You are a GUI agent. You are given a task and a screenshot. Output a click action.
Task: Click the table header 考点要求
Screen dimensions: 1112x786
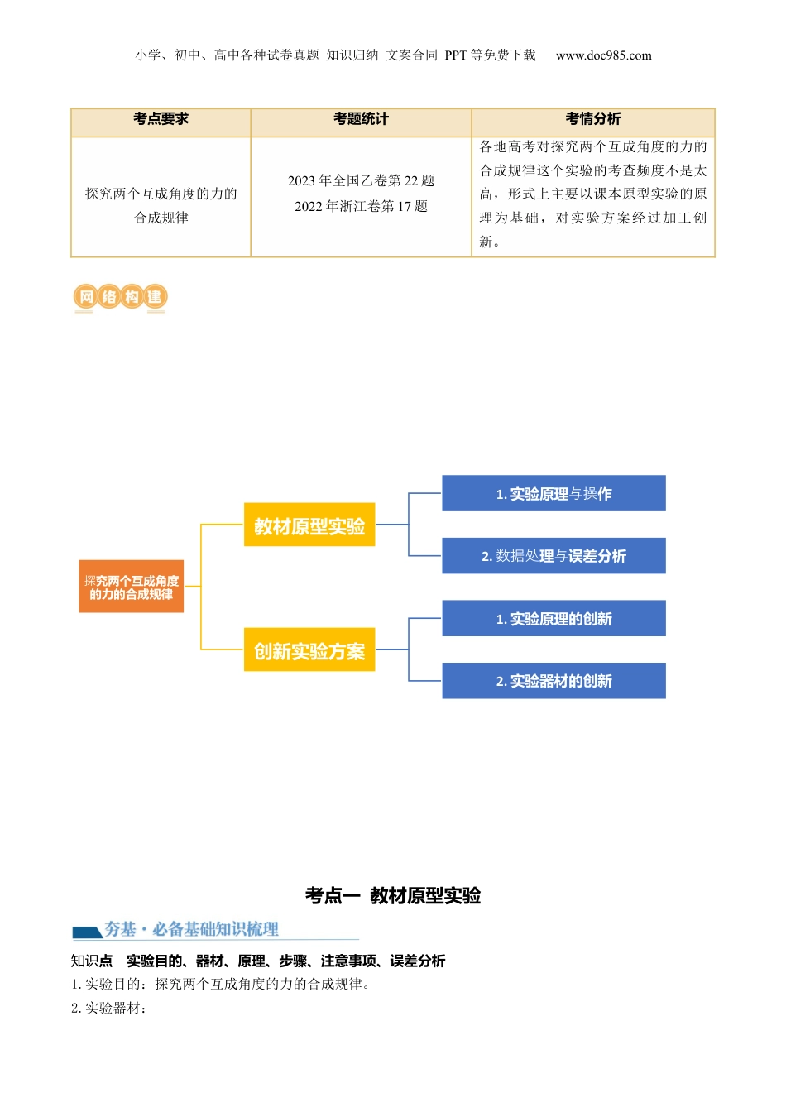pyautogui.click(x=161, y=119)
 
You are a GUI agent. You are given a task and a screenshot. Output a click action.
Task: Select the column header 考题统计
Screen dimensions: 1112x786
pyautogui.click(x=361, y=119)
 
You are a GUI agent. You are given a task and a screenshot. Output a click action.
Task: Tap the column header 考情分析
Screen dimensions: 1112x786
pyautogui.click(x=593, y=119)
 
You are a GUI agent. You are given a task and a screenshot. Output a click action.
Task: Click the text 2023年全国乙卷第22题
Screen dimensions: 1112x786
pyautogui.click(x=361, y=181)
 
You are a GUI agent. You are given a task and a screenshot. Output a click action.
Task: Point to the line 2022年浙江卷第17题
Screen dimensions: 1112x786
pyautogui.click(x=361, y=207)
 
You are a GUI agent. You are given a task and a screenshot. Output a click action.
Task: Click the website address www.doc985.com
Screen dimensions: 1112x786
pyautogui.click(x=603, y=55)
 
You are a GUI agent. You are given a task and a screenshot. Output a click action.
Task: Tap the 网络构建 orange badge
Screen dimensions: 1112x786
pyautogui.click(x=120, y=297)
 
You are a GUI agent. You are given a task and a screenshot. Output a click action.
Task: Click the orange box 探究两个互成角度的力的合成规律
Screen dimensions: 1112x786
pyautogui.click(x=132, y=587)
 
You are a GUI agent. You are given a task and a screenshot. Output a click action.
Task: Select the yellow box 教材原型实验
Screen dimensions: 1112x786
pyautogui.click(x=309, y=525)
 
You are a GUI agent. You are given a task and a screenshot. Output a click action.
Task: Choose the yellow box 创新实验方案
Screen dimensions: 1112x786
pyautogui.click(x=309, y=651)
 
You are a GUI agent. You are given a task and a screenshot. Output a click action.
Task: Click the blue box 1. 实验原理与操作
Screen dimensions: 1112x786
pyautogui.click(x=554, y=494)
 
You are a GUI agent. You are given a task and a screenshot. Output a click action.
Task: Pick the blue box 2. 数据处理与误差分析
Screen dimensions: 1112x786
pyautogui.click(x=554, y=556)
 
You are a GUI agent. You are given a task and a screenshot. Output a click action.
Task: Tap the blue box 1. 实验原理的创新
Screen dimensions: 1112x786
pyautogui.click(x=554, y=619)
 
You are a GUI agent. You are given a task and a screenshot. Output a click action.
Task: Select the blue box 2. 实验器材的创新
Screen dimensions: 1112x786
pyautogui.click(x=554, y=681)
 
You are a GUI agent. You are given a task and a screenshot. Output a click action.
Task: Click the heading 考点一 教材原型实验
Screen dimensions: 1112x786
pyautogui.click(x=393, y=895)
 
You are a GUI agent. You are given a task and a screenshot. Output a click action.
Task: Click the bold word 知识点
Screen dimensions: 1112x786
pyautogui.click(x=92, y=961)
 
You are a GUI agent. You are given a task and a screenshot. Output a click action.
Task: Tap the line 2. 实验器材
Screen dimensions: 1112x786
pyautogui.click(x=109, y=1008)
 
